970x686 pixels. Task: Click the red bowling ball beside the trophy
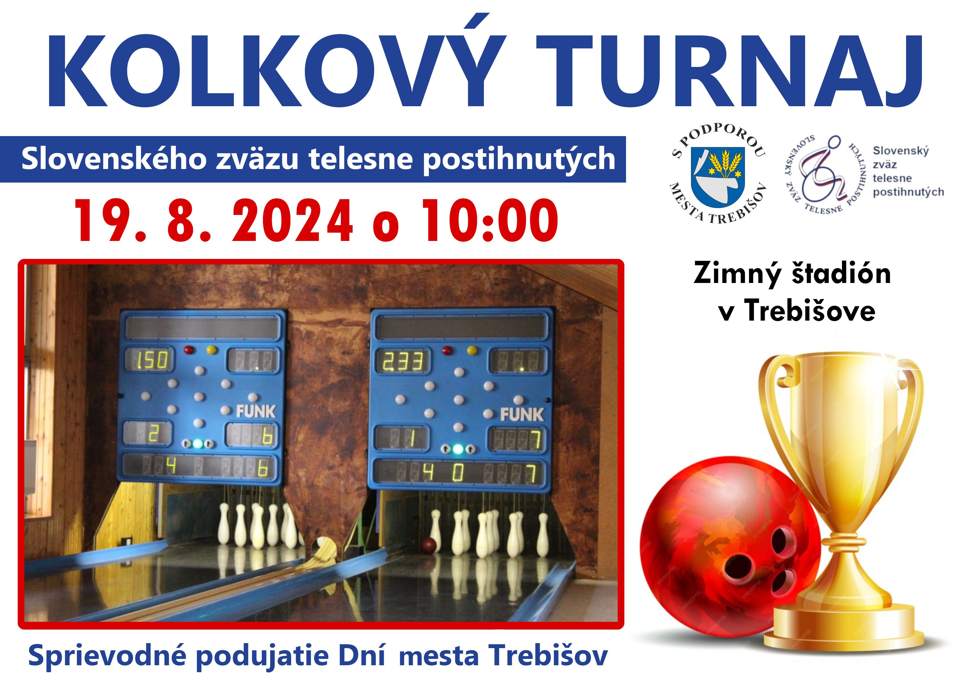(x=730, y=556)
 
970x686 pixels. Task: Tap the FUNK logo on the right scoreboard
(x=522, y=414)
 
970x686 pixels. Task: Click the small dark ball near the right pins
(x=428, y=545)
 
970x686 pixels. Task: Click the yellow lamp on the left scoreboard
(x=211, y=350)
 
